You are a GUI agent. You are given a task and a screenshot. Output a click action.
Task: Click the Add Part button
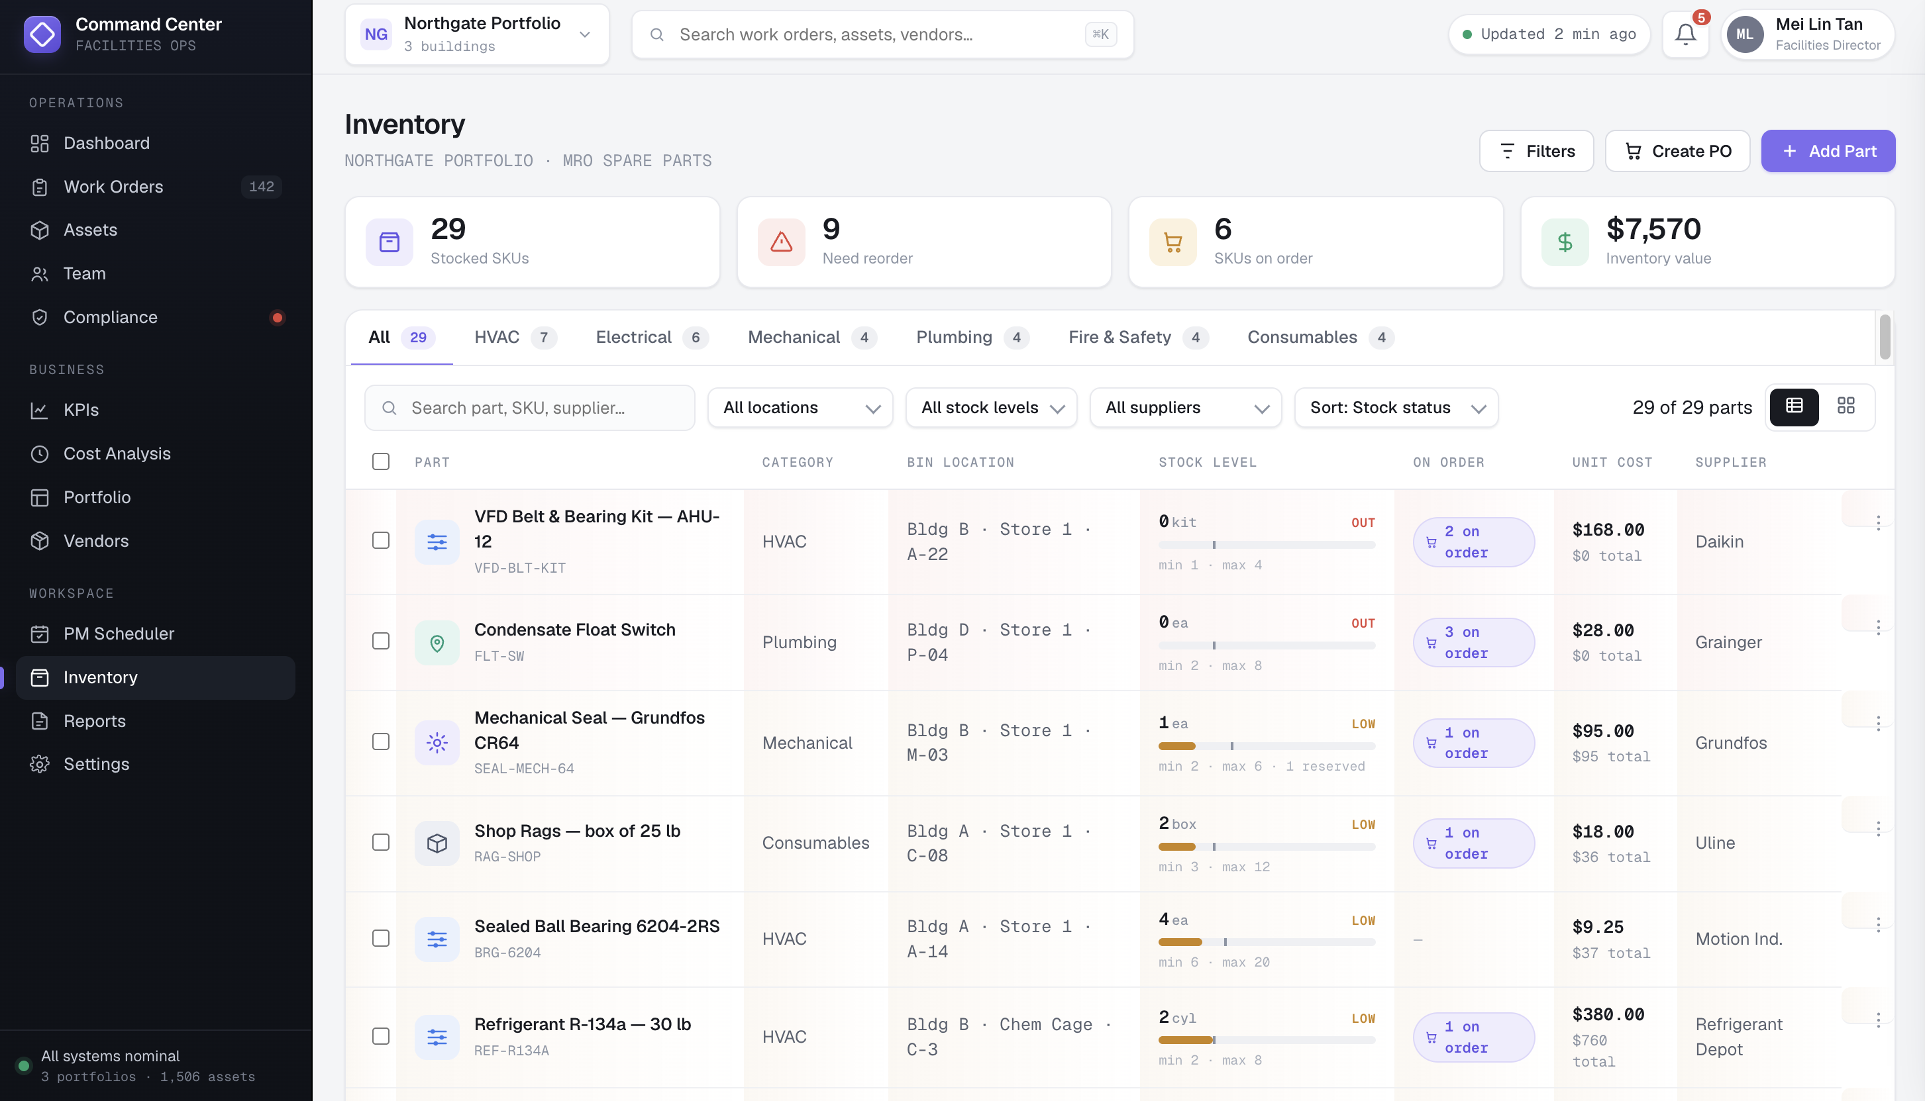coord(1828,151)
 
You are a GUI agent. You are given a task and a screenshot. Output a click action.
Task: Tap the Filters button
coord(1536,151)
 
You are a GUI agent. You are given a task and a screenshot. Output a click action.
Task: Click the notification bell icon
coord(1685,34)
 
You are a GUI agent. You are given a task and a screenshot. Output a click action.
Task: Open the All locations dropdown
coord(800,408)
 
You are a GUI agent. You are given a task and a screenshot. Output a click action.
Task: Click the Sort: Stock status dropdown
coord(1396,408)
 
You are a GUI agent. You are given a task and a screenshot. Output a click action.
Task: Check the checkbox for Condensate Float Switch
coord(380,642)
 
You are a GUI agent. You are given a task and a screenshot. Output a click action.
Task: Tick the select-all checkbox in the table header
coord(380,462)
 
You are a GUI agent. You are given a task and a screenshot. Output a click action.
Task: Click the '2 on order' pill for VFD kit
coord(1473,542)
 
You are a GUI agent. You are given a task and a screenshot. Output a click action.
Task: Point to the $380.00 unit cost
coord(1608,1015)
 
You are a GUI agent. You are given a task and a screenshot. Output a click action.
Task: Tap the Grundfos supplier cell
coord(1731,743)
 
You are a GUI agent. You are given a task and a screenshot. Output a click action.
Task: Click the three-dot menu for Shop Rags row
coord(1878,829)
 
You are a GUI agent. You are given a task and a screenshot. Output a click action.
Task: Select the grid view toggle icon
coord(1846,406)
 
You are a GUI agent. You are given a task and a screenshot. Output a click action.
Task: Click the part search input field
coord(529,408)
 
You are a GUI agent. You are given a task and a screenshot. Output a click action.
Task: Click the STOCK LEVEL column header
coord(1207,463)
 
